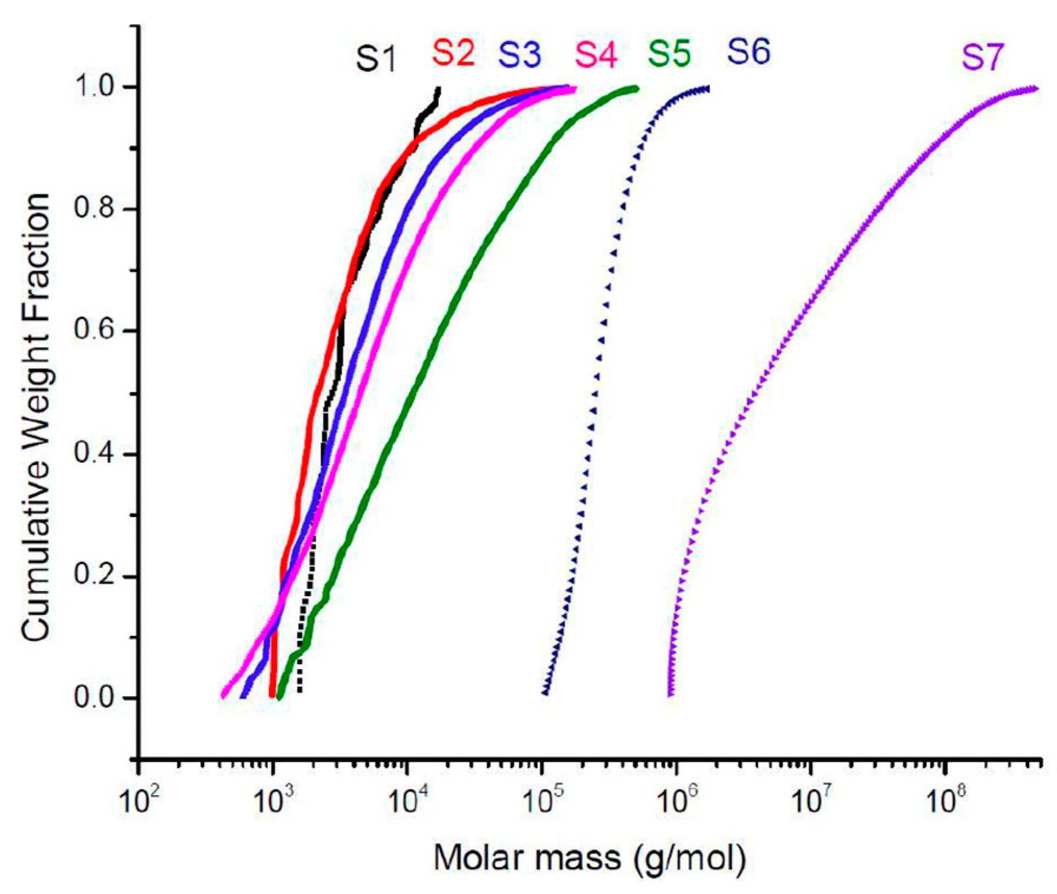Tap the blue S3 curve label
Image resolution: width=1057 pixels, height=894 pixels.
coord(519,54)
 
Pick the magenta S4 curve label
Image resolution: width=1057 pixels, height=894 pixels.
coord(596,54)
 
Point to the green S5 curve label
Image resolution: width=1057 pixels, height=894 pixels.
coord(669,53)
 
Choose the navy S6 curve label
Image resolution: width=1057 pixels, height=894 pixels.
coord(748,51)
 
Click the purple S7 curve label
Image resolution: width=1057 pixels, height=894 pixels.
coord(982,58)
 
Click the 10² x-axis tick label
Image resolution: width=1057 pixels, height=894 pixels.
coord(140,800)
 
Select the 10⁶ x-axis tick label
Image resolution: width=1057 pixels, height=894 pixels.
coord(678,800)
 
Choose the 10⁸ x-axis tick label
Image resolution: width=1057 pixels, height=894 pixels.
coord(946,800)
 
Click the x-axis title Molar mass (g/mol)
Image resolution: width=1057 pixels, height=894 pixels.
coord(590,858)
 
